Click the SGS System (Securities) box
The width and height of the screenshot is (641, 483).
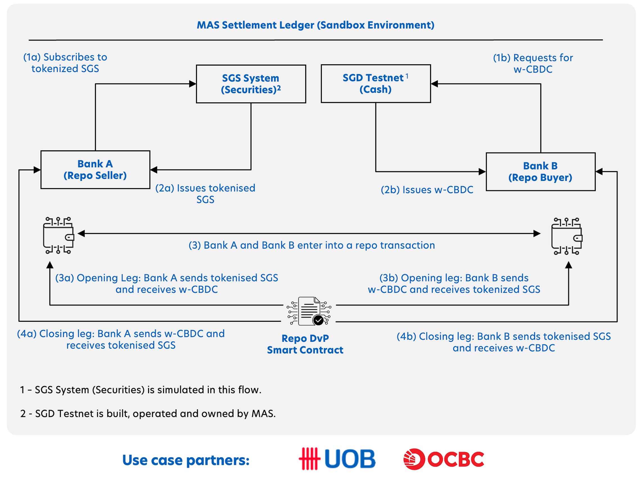(251, 84)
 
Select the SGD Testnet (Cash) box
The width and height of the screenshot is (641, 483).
(376, 84)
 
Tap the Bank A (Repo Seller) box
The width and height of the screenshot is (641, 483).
(95, 170)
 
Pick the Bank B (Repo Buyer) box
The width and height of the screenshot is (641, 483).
(541, 172)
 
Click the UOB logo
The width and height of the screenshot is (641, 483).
(337, 459)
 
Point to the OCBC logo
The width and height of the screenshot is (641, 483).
(444, 459)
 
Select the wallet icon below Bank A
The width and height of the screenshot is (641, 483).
(58, 236)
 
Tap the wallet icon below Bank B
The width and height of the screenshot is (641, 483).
(567, 236)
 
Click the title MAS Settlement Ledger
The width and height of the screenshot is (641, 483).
(315, 25)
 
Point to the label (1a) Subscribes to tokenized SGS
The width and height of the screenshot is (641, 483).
(65, 63)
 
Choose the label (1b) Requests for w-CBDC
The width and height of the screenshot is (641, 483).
(533, 64)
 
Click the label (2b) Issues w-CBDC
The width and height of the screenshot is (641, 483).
(427, 190)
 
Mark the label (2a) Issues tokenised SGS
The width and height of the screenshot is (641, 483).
(205, 194)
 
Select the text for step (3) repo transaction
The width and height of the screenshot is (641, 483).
(312, 245)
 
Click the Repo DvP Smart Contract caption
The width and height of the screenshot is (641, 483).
(305, 344)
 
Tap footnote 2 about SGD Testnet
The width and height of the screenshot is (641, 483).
(148, 414)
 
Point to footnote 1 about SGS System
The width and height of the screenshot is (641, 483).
(141, 390)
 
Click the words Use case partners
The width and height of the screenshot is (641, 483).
(186, 460)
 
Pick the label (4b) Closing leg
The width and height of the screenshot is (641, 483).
(504, 342)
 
